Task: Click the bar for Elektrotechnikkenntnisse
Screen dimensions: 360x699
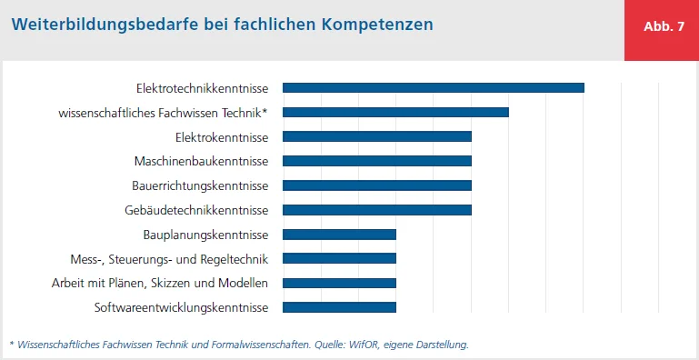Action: (433, 87)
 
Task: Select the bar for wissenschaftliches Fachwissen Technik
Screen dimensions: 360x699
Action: (395, 112)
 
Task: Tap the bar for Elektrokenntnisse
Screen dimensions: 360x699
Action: (376, 136)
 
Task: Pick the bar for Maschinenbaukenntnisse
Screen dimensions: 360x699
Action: (376, 161)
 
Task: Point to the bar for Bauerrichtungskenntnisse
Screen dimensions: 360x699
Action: (376, 185)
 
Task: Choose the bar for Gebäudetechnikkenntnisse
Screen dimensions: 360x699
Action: (376, 210)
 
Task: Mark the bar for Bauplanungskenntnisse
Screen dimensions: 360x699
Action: (339, 235)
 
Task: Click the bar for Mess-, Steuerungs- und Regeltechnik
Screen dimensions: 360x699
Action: (339, 258)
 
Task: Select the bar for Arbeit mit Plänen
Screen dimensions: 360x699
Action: (339, 283)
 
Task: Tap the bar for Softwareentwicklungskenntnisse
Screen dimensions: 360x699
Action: (339, 307)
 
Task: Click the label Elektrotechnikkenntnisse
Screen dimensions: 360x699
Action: (202, 88)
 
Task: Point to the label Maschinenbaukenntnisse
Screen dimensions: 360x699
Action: (201, 162)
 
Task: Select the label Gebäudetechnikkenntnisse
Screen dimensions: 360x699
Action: (196, 211)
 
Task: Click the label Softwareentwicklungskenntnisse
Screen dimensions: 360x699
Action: (181, 308)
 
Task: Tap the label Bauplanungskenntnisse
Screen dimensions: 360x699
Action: (205, 235)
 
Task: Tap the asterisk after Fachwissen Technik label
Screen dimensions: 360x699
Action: (265, 111)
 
